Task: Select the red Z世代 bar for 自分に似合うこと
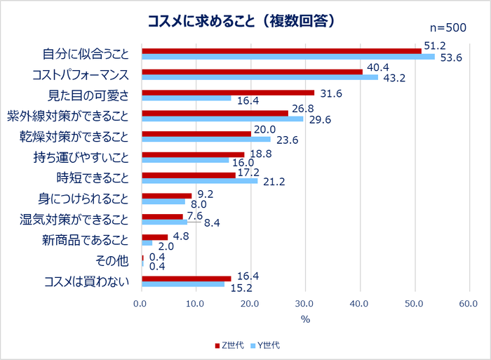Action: pos(281,51)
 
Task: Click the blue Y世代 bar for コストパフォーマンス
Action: pos(260,77)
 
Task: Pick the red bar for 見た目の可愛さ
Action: pos(228,92)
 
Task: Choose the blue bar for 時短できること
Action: pos(200,181)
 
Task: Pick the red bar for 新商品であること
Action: pos(155,237)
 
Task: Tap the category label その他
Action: pos(113,261)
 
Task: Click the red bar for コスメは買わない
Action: pos(187,279)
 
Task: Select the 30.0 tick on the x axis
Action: pos(304,303)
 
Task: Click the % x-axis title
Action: pos(305,320)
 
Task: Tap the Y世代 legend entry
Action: pos(267,345)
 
